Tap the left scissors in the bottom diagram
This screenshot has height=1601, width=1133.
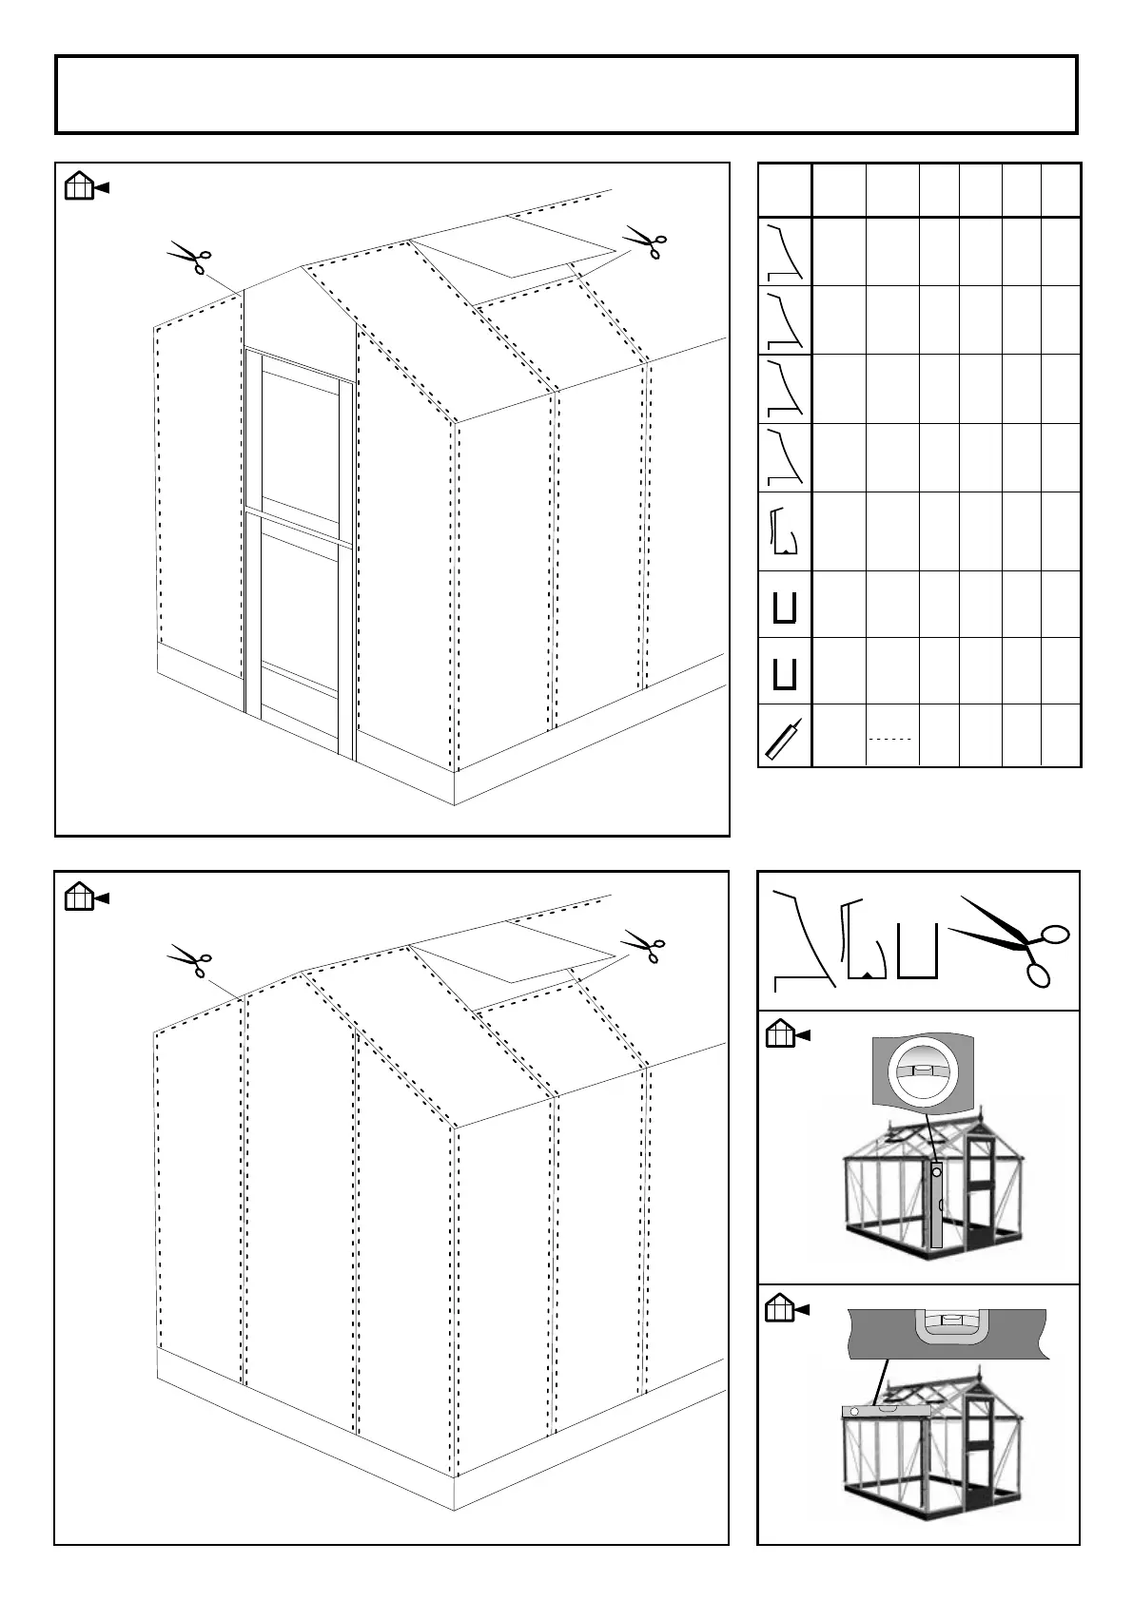point(189,960)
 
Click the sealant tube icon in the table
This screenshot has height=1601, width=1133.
point(784,737)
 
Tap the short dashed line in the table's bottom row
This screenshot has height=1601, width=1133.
point(890,739)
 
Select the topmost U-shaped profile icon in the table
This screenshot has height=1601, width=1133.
point(785,606)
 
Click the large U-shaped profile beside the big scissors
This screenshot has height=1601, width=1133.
point(919,951)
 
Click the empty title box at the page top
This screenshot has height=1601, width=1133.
point(566,95)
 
